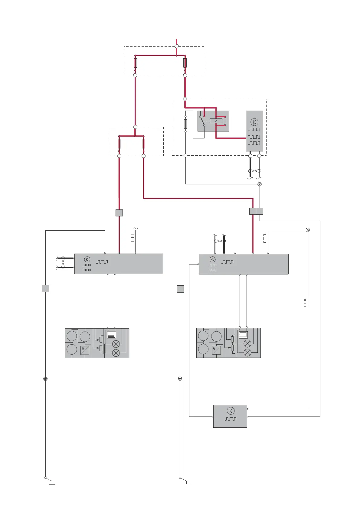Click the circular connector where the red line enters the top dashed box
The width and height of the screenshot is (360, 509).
[177, 46]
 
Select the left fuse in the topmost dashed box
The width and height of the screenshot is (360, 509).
[135, 63]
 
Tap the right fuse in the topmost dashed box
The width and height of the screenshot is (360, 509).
[185, 63]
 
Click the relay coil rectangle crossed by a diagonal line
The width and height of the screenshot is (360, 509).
[216, 121]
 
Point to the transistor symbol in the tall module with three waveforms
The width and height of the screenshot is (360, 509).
[254, 122]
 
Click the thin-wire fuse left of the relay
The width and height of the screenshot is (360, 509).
[185, 124]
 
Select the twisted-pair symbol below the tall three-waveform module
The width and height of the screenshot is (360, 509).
[254, 171]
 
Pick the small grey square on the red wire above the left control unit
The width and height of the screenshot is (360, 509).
[119, 213]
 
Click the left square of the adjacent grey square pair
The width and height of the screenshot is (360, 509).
[253, 211]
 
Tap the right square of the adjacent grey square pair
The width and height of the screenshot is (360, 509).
[260, 211]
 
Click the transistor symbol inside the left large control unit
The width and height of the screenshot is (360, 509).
[87, 259]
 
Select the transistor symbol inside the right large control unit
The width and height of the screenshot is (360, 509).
[213, 259]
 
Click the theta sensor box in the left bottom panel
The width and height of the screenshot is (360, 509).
[85, 350]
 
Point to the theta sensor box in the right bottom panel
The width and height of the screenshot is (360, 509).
[216, 350]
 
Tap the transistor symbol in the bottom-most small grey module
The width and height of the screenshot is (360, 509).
[231, 411]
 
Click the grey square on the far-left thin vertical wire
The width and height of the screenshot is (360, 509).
[45, 288]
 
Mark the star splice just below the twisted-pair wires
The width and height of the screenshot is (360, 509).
[259, 184]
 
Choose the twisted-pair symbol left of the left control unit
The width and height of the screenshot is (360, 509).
[63, 263]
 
